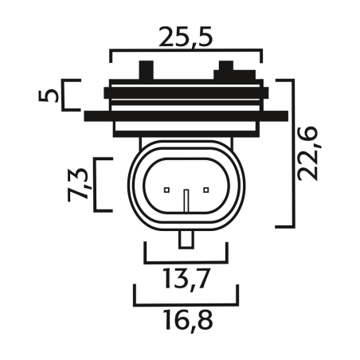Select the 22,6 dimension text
tap(314, 151)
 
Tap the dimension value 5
tap(50, 96)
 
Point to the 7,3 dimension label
tap(78, 184)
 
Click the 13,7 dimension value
tap(186, 280)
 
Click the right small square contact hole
tap(205, 190)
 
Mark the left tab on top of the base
tap(146, 70)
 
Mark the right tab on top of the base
tap(225, 70)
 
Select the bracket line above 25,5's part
tap(186, 53)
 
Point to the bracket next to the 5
tap(69, 95)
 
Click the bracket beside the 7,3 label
tap(99, 185)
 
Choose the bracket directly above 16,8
tap(186, 303)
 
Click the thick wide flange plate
tap(186, 115)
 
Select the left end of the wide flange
tap(89, 115)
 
